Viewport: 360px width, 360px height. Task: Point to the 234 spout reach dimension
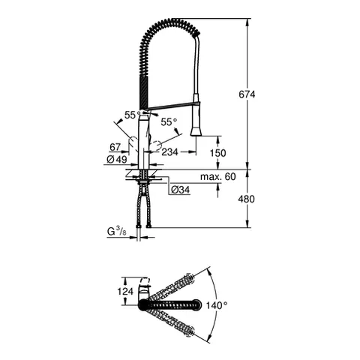(x=171, y=151)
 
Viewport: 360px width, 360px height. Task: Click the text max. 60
(x=217, y=175)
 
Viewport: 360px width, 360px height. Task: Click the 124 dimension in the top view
(x=126, y=291)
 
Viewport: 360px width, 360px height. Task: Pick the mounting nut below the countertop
(x=143, y=180)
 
